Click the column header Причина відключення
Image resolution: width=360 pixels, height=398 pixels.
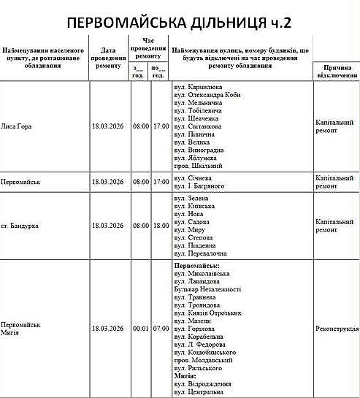(336, 72)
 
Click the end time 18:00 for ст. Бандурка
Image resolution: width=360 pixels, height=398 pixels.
(160, 225)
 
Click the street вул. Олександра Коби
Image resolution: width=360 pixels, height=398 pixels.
(212, 95)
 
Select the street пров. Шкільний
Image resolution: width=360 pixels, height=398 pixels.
(199, 166)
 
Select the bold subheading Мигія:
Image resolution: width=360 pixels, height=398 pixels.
(186, 375)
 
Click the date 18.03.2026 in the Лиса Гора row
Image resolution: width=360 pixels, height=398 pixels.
(110, 126)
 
